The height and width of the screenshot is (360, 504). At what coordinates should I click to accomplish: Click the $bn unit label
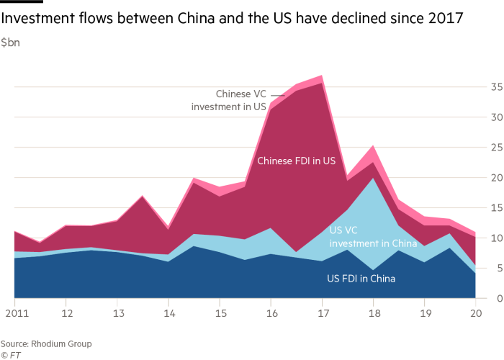pos(10,43)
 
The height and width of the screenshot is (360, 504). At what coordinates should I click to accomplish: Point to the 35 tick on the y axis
pos(496,86)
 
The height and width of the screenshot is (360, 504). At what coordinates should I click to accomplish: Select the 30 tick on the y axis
pos(496,117)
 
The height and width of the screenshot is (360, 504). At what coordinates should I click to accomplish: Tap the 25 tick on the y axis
pos(496,147)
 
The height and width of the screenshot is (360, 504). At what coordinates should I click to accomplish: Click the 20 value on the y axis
pos(496,177)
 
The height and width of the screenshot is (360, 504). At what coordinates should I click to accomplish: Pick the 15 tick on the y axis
pos(496,207)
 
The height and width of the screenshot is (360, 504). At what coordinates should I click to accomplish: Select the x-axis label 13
pos(117,314)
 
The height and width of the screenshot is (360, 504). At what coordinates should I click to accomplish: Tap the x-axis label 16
pos(271,314)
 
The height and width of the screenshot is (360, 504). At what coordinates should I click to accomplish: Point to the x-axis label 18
pos(374,314)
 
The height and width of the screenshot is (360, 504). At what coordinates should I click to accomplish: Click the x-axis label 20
pos(475,314)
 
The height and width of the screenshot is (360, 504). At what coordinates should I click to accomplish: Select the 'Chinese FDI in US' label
pos(297,162)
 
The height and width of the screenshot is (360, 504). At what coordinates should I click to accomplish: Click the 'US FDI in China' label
pos(366,279)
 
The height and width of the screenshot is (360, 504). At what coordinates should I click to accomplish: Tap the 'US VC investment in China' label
pos(373,237)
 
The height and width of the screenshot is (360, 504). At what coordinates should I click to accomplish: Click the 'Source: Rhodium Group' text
pos(46,344)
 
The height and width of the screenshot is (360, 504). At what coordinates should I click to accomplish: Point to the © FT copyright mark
pos(10,354)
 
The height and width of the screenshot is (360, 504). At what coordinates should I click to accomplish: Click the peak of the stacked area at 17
pos(322,76)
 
